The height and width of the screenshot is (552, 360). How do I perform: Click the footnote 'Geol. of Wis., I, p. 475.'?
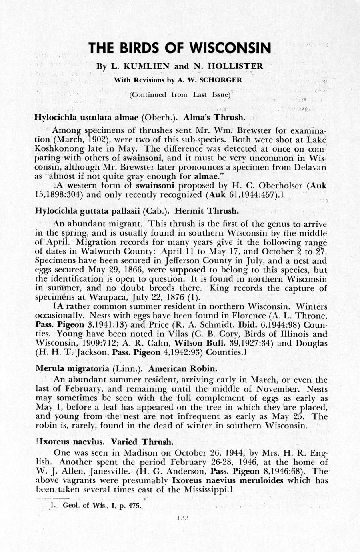(x=102, y=506)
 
